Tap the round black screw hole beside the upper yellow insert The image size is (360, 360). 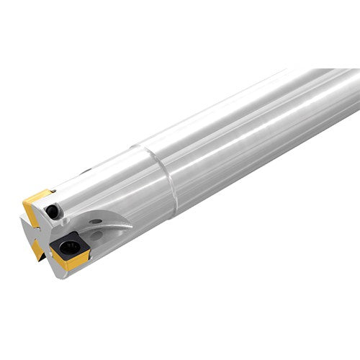pyautogui.click(x=52, y=211)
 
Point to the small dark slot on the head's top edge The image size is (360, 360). pyautogui.click(x=87, y=172)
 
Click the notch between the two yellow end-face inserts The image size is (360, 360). pyautogui.click(x=29, y=230)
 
